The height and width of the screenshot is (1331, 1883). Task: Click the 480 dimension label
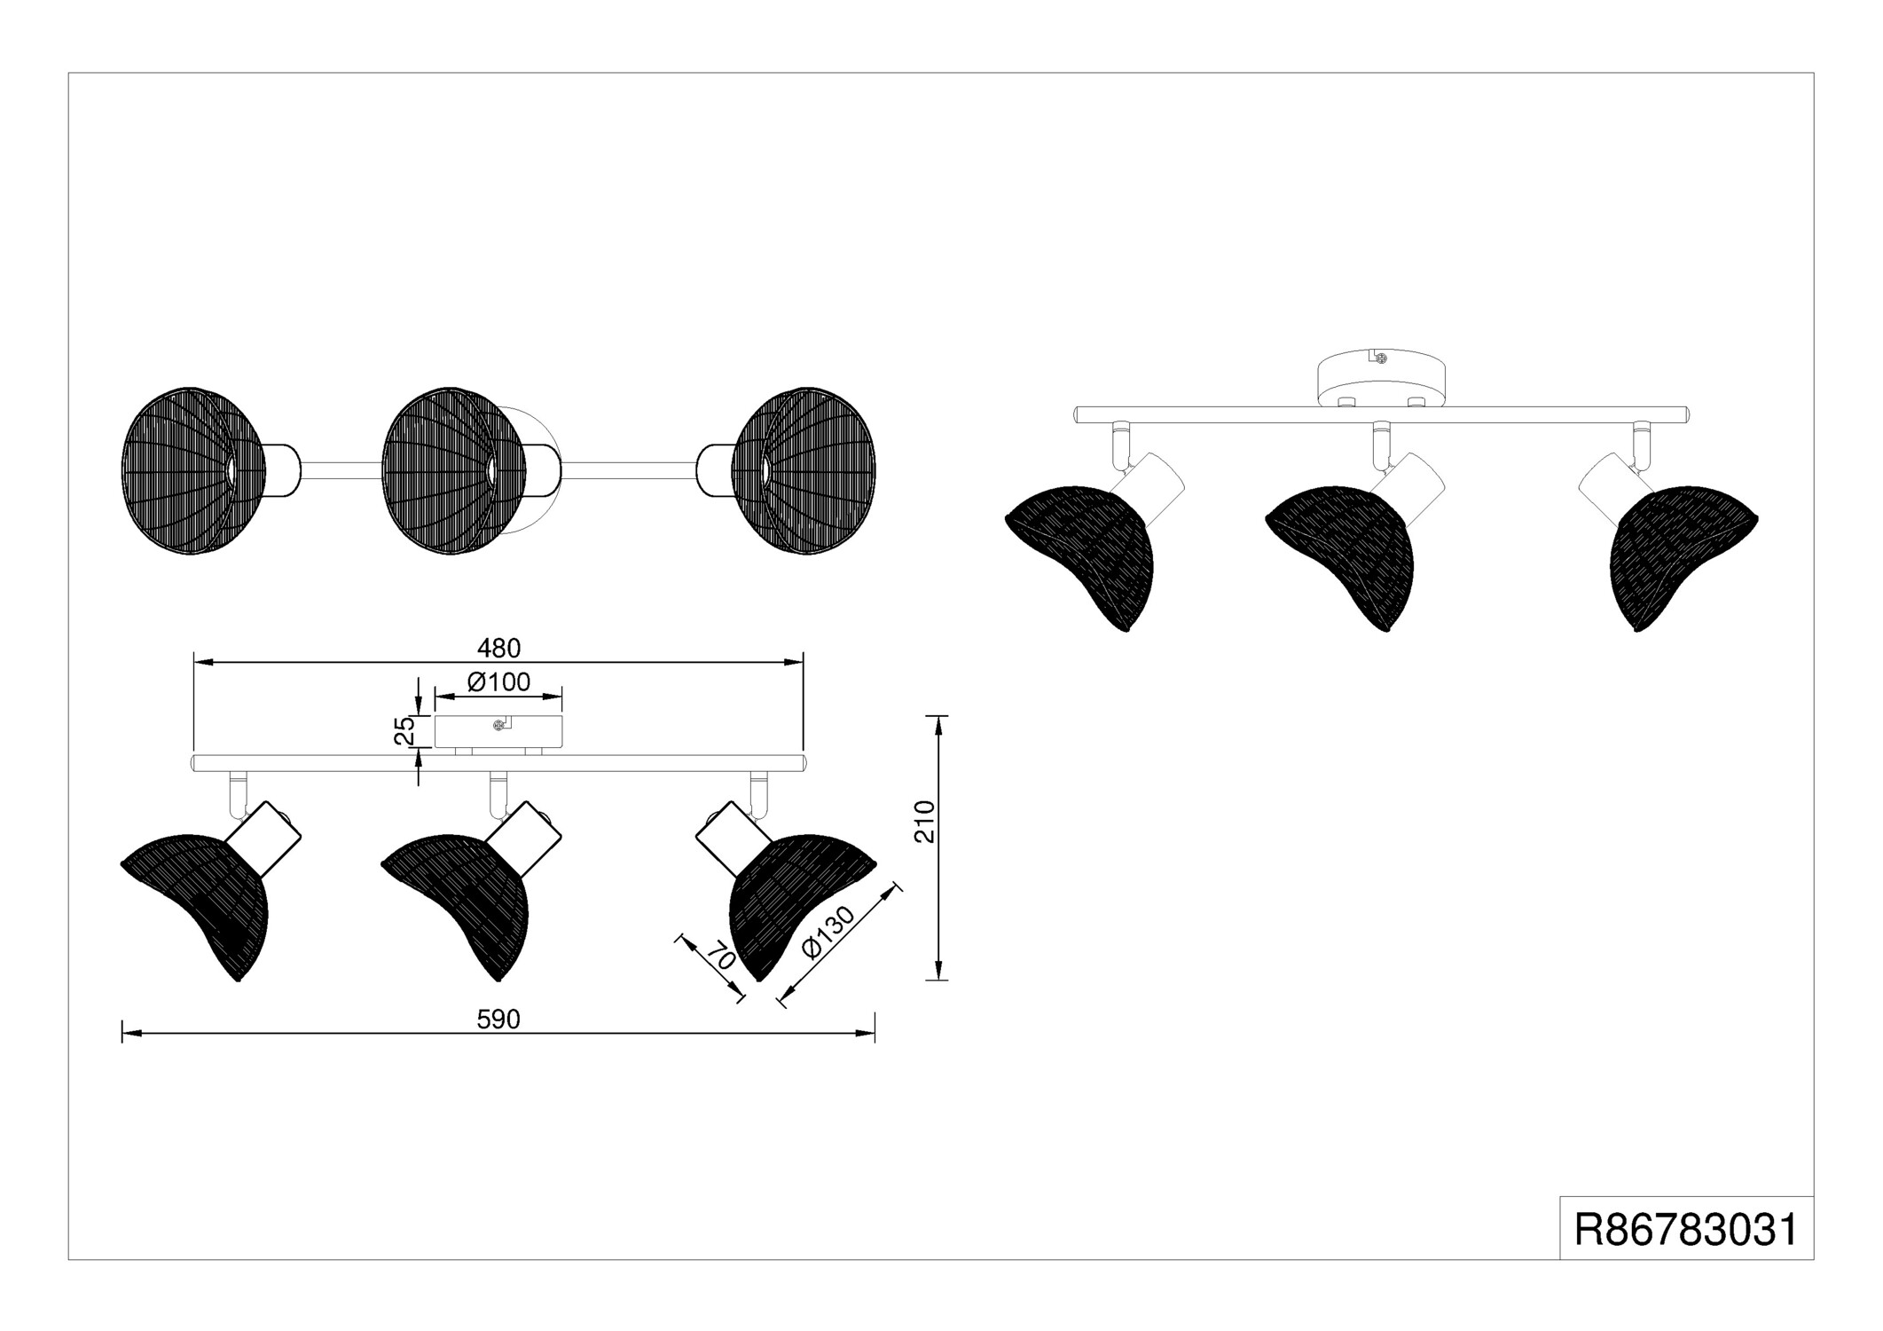point(499,649)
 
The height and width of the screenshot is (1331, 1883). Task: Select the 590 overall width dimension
point(498,1020)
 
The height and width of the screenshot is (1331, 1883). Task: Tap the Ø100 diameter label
point(498,681)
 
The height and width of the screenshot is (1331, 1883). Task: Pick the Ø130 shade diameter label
point(828,932)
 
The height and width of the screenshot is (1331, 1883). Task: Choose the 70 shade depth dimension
point(721,958)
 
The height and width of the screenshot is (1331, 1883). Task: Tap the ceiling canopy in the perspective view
point(1381,379)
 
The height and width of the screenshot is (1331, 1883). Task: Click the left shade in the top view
point(192,470)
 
